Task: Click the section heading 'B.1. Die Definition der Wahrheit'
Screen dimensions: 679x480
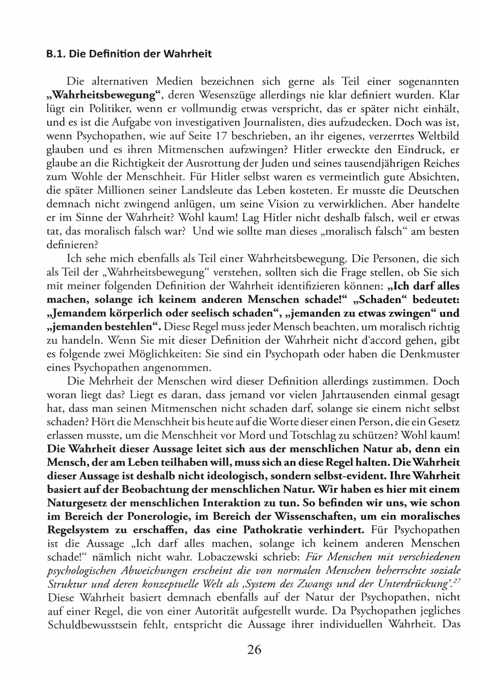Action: pyautogui.click(x=129, y=54)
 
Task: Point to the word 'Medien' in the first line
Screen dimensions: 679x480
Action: pyautogui.click(x=174, y=81)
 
